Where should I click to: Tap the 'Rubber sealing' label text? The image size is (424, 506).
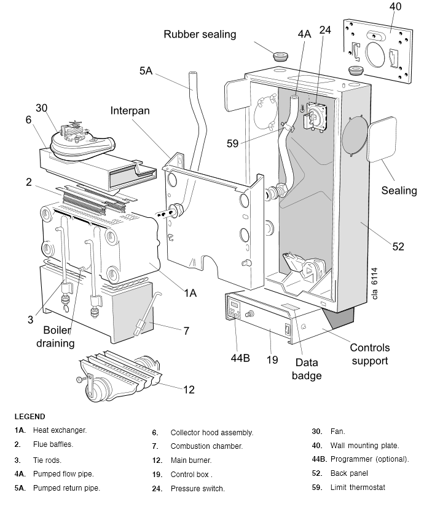[x=200, y=34]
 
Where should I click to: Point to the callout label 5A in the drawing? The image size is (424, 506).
[x=146, y=71]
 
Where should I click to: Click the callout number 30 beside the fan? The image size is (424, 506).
[x=42, y=108]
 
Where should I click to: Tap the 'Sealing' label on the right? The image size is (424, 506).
[x=399, y=190]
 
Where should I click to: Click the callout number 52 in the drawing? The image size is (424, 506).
[x=398, y=246]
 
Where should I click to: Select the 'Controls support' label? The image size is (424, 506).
[x=370, y=354]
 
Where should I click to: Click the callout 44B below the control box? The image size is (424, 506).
[x=240, y=358]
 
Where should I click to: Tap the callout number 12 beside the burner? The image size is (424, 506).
[x=189, y=389]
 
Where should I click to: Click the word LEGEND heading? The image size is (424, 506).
[x=29, y=417]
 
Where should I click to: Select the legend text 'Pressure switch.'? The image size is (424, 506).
[x=197, y=489]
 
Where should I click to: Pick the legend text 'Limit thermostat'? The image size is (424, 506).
[x=358, y=488]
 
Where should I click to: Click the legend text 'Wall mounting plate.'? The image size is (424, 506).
[x=364, y=445]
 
